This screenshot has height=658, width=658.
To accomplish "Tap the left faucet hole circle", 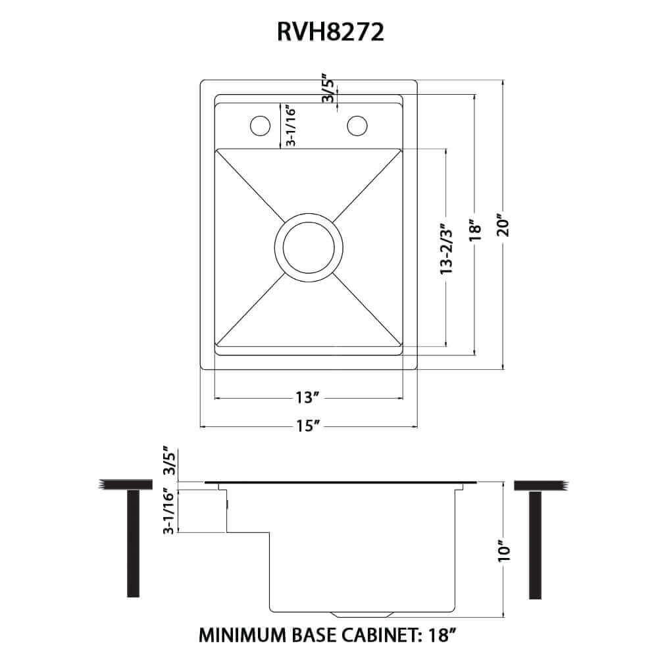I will (259, 125).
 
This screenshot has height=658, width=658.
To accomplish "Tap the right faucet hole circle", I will (357, 125).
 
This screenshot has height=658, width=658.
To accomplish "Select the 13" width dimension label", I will (307, 398).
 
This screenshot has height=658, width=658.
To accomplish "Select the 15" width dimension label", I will (307, 426).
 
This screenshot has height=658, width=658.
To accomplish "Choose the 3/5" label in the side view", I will (170, 462).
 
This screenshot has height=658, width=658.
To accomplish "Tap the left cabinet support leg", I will (133, 544).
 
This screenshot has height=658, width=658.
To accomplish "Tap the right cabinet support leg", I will (535, 544).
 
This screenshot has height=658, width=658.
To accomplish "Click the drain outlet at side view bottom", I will (362, 615).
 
